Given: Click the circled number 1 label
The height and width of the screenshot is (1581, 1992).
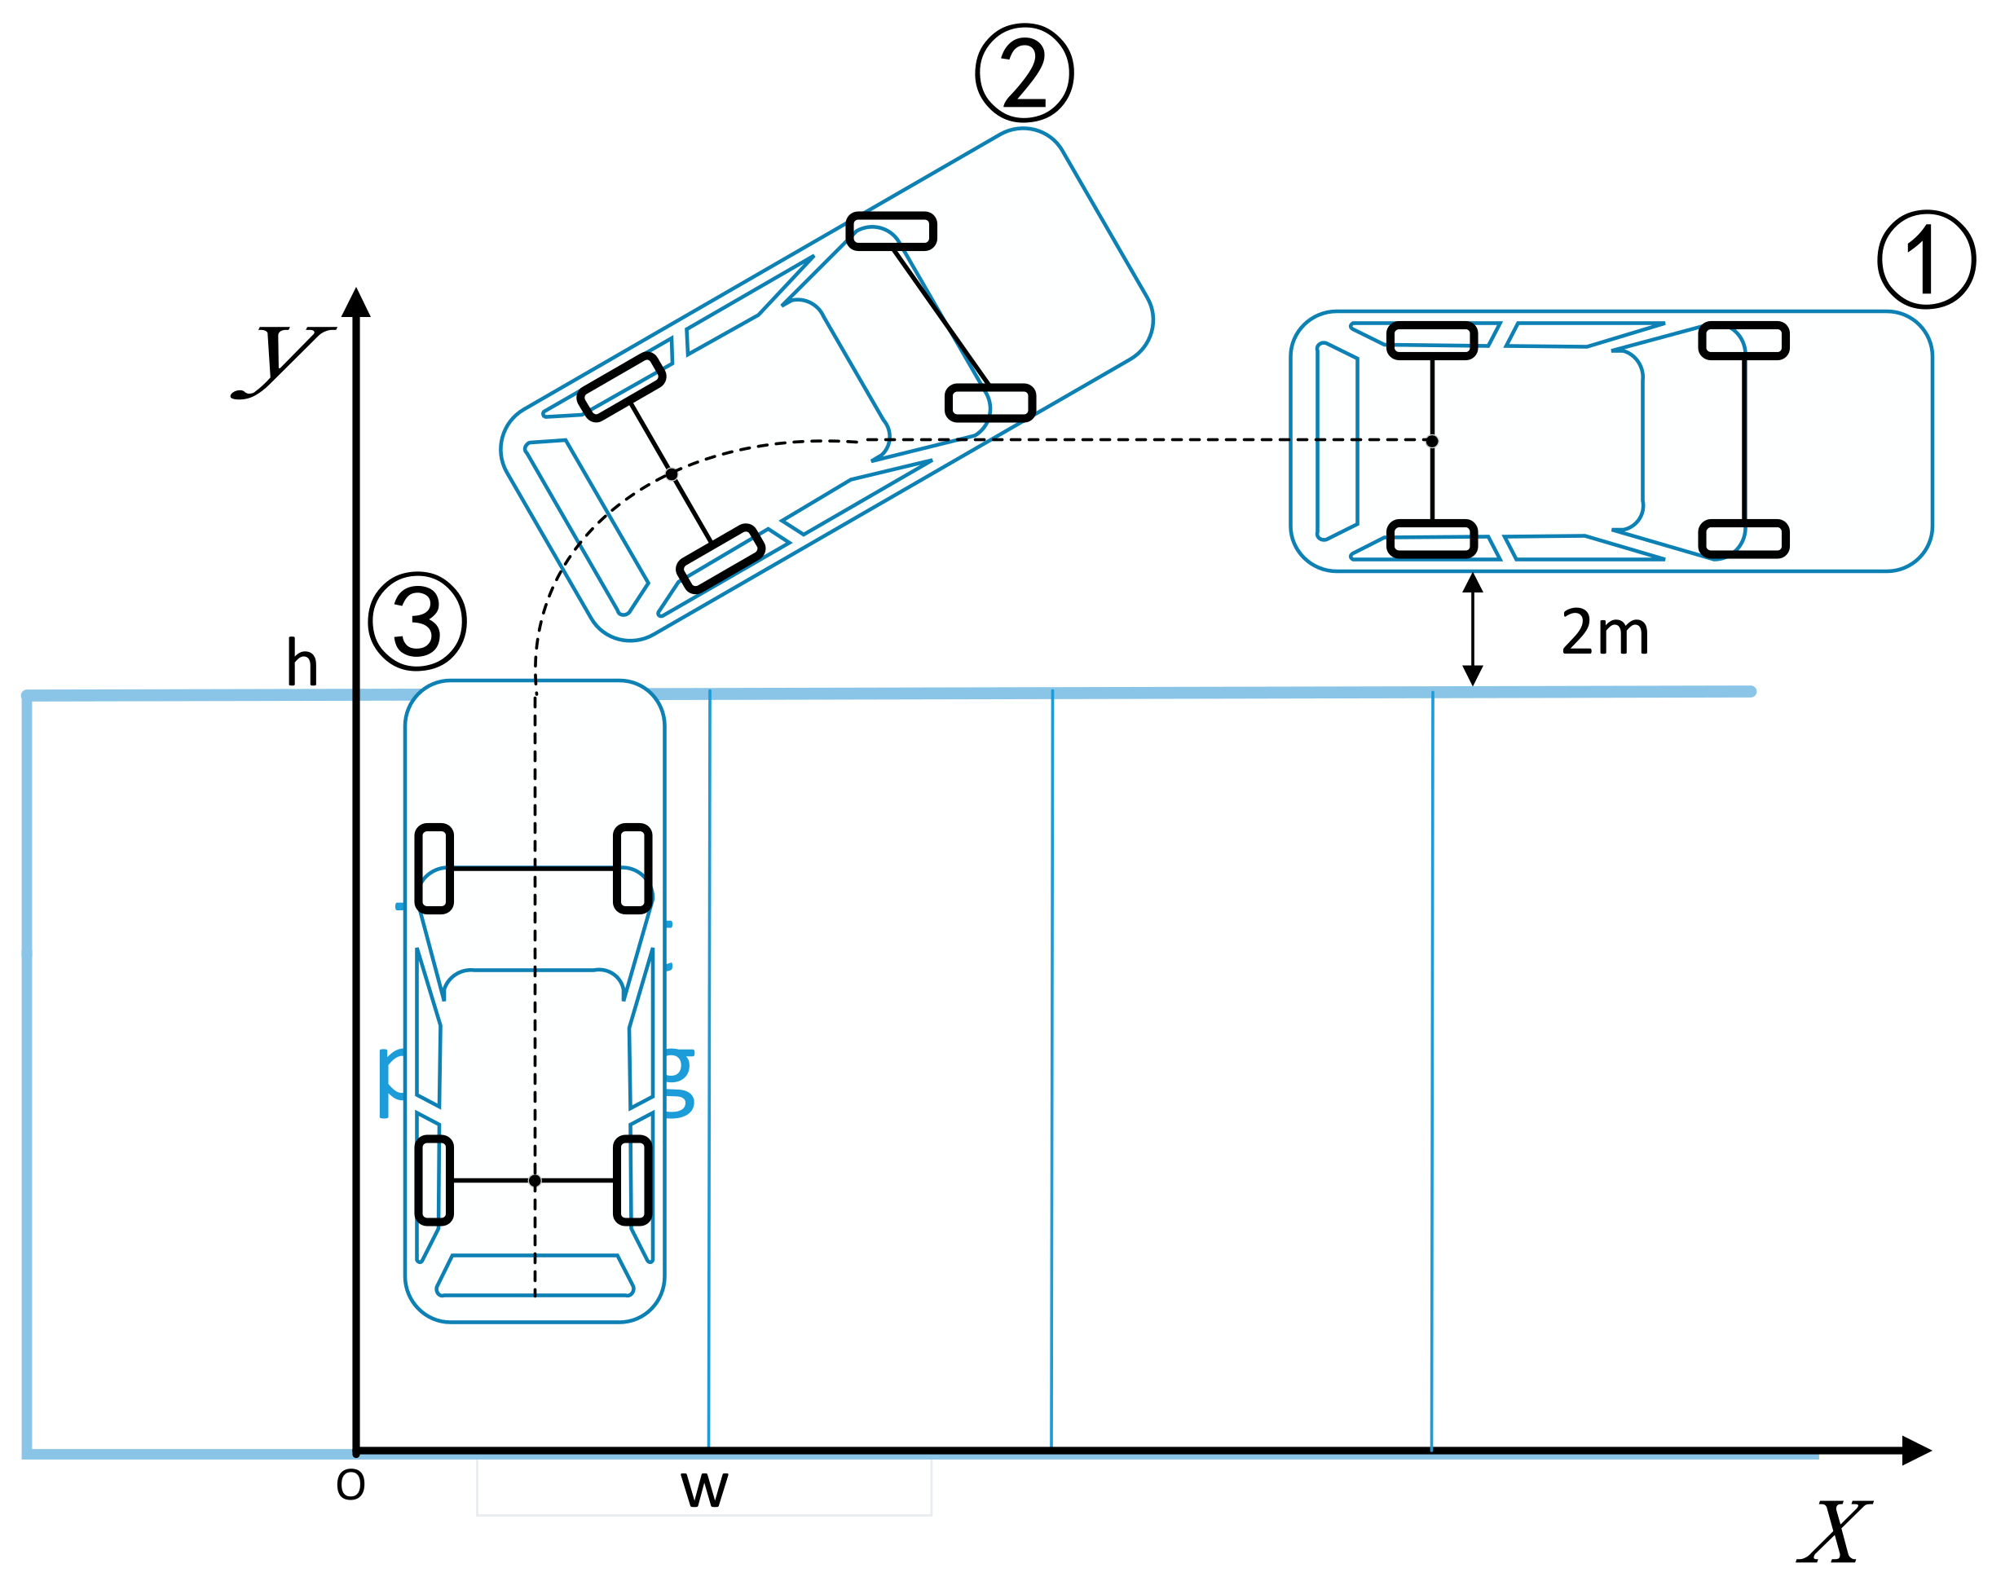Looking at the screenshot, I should coord(1927,260).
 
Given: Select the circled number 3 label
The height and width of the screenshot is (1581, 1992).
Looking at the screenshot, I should coord(416,620).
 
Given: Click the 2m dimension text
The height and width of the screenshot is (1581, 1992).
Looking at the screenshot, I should coord(1605,634).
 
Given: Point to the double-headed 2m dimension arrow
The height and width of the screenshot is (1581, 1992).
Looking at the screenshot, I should coord(1473,629).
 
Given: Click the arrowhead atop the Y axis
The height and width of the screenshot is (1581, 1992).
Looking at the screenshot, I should coord(355,303).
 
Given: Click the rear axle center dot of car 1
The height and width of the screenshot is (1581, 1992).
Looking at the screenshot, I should coord(1432,441).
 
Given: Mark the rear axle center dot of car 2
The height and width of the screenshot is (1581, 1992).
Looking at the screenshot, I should coord(672,474).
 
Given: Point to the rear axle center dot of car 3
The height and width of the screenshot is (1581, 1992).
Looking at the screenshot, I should coord(534,1181).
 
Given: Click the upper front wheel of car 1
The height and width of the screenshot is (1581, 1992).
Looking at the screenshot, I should coord(1743,340).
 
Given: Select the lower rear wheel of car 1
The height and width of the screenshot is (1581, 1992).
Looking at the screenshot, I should coord(1432,539).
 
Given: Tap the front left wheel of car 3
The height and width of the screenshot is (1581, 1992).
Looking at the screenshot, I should coord(434,870).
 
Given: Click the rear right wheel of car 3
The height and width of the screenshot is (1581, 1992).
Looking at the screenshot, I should coord(633,1181).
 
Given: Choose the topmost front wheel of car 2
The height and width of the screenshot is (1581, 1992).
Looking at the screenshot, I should coord(892,231).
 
